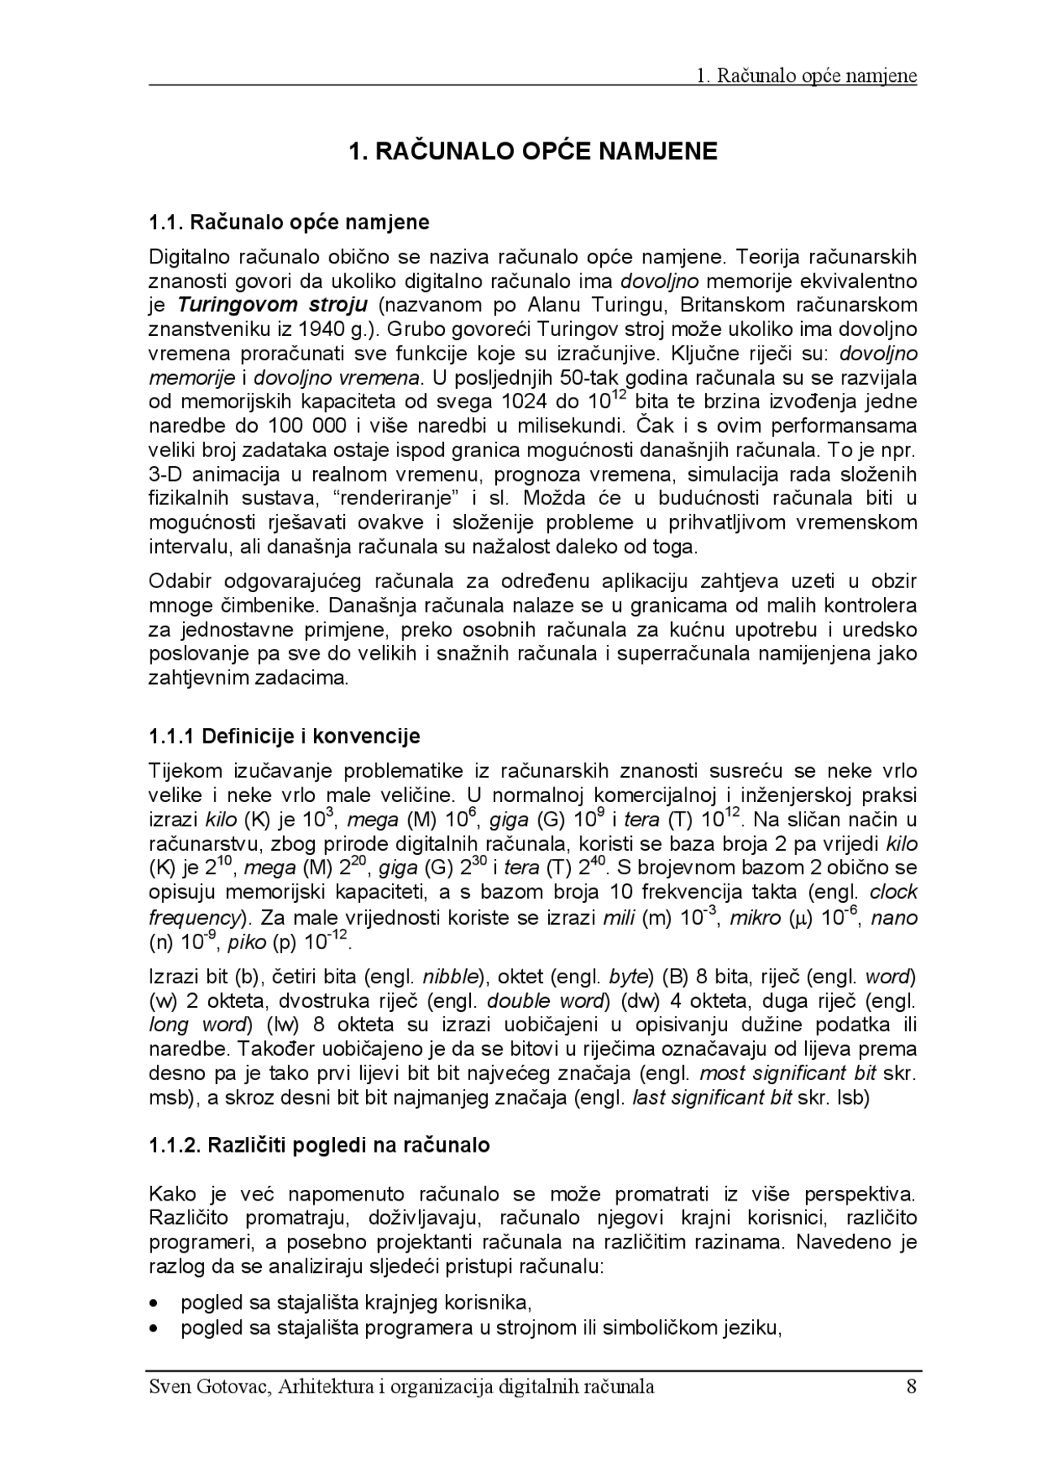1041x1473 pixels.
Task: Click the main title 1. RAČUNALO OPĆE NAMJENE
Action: pos(533,151)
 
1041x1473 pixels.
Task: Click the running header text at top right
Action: pos(807,76)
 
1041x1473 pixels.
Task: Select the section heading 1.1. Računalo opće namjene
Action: pos(289,222)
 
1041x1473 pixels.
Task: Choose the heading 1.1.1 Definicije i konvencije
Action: pos(285,737)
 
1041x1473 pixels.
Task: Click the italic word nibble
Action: pos(450,976)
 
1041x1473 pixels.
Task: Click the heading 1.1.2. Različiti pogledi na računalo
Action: pos(320,1146)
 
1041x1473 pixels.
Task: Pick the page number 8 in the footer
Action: pos(911,1387)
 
